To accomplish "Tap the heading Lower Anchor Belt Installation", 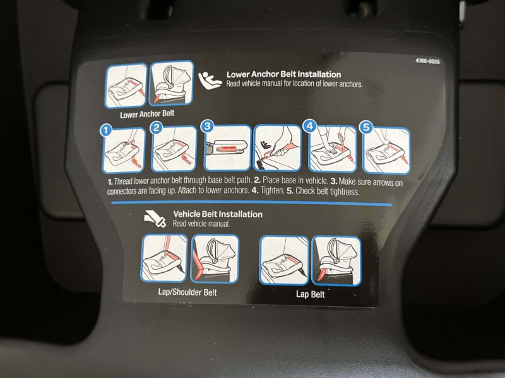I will click(x=283, y=74).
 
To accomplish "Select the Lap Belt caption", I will click(x=310, y=294).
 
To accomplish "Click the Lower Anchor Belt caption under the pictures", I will click(x=147, y=115).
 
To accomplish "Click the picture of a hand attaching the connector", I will click(x=277, y=149).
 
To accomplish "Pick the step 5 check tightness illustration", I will click(x=386, y=151).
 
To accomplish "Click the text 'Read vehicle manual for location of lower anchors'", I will click(x=294, y=84).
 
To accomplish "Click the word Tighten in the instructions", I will click(x=275, y=192).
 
